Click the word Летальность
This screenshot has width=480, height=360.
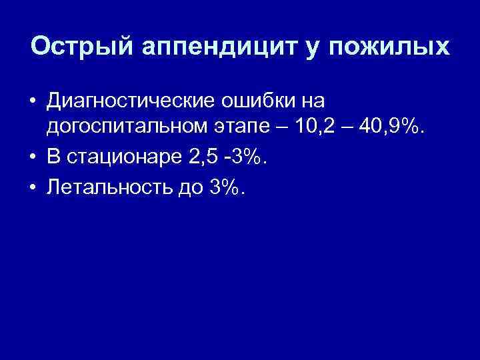112,189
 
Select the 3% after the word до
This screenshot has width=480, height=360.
227,189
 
